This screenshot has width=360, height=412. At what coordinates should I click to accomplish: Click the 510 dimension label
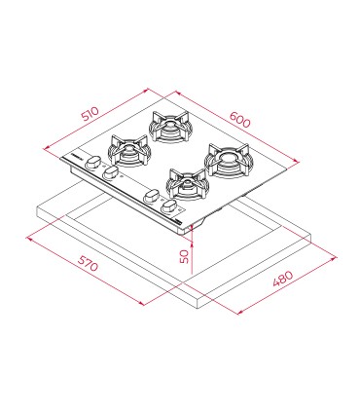point(90,114)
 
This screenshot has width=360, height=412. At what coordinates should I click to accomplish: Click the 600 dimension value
point(240,120)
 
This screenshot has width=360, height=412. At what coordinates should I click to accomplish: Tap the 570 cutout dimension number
point(88,263)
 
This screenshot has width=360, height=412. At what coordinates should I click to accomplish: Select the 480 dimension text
point(283,279)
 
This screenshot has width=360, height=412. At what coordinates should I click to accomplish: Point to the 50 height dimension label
point(184,256)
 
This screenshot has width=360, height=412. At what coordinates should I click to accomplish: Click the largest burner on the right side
point(229,161)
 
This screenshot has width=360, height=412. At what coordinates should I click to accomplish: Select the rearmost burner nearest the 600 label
point(169,127)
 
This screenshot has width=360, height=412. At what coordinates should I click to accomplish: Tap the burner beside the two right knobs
point(187,184)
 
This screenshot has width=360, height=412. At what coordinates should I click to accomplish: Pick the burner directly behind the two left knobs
point(129,150)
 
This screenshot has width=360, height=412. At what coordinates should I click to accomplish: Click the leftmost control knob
point(93,162)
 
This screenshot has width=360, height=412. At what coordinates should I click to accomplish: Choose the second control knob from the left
point(111,172)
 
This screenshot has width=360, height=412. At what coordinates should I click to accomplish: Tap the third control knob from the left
point(151,197)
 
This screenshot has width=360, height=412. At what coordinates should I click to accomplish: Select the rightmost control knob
point(169,206)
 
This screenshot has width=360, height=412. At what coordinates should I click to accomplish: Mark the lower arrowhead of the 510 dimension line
point(46,148)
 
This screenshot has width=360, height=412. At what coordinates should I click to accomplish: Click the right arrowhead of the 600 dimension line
point(296,161)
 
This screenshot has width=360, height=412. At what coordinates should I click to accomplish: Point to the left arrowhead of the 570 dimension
point(29,239)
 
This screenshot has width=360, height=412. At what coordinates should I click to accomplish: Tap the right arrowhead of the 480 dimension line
point(334,258)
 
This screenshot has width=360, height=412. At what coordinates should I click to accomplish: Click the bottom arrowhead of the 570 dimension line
point(141,304)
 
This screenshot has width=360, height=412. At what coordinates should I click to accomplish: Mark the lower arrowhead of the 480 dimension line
point(240,313)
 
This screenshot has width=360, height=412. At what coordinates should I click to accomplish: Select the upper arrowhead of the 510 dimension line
point(146,90)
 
